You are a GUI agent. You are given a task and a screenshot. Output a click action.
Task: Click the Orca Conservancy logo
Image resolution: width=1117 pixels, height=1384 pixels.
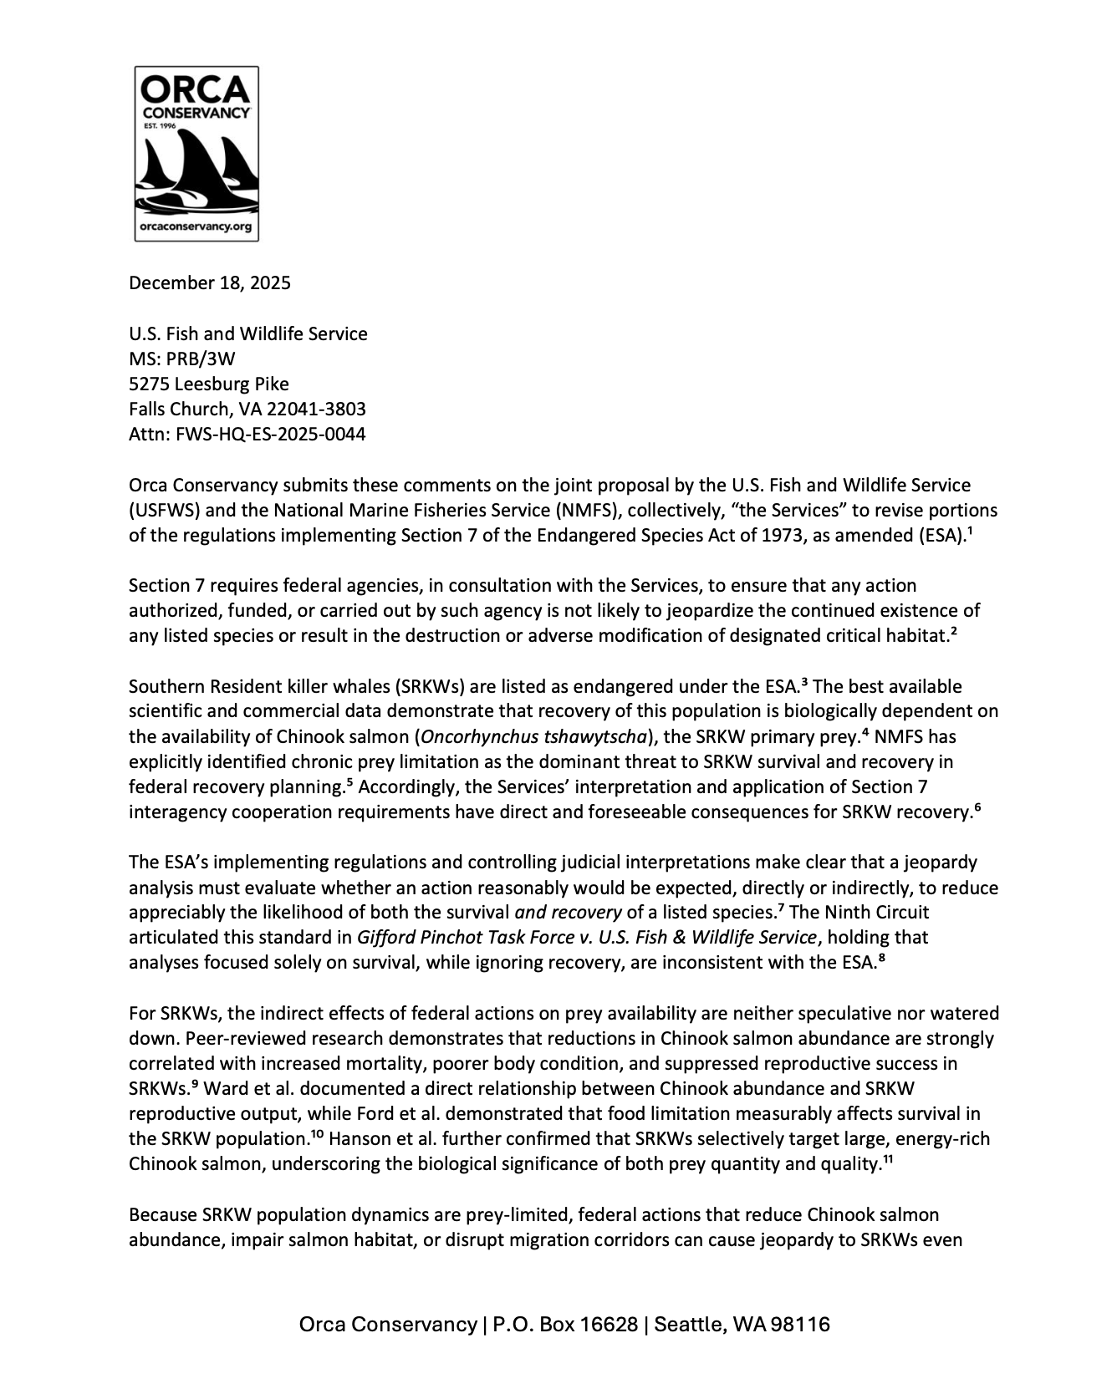point(196,154)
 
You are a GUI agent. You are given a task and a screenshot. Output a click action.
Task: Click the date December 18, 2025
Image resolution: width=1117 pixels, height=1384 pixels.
point(210,282)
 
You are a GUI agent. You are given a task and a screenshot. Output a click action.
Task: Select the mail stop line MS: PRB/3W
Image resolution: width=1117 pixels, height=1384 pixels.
point(182,359)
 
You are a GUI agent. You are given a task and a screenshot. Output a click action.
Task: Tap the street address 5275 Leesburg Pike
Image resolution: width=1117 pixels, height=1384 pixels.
point(209,384)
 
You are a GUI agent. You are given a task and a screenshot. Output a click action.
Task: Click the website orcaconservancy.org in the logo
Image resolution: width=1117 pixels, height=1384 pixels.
point(196,226)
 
